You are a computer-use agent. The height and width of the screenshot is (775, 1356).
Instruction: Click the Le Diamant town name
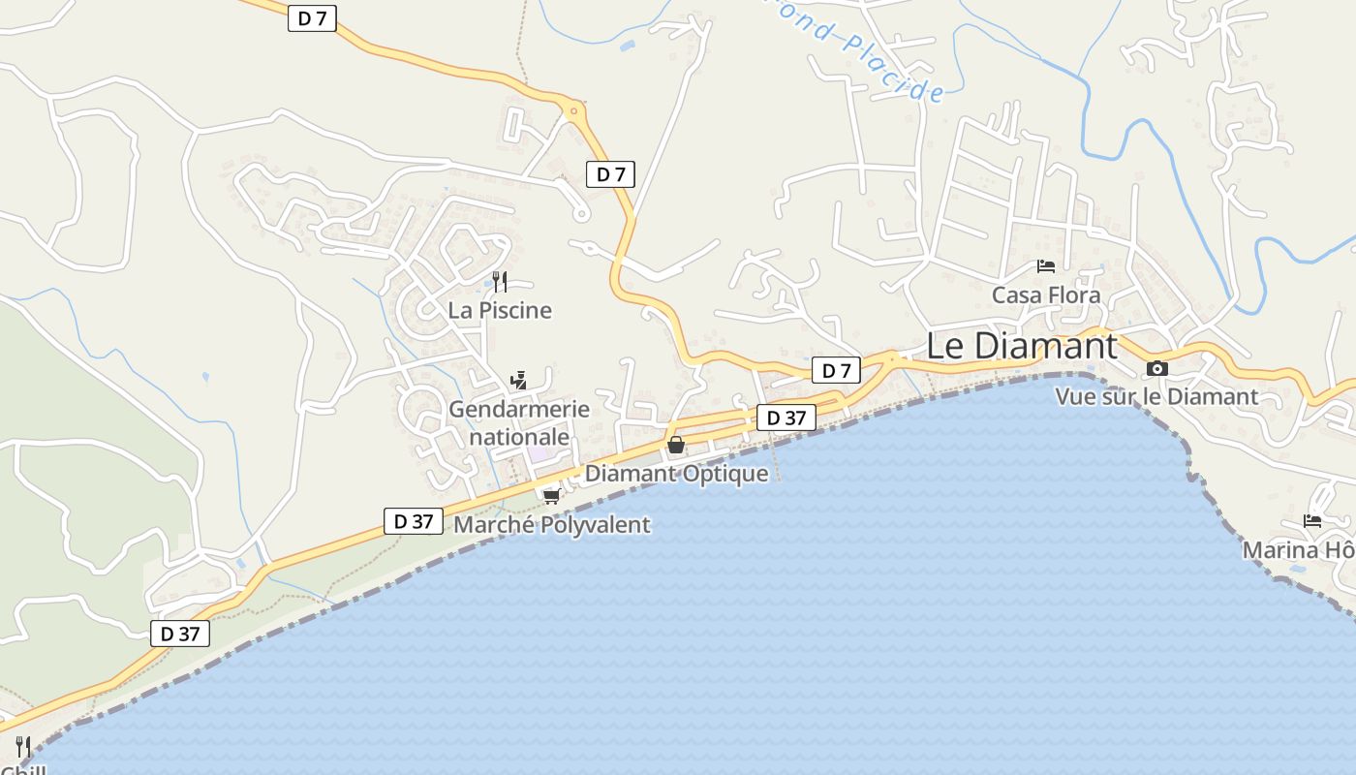coord(1022,346)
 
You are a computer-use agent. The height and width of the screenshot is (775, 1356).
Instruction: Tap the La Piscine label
coord(500,310)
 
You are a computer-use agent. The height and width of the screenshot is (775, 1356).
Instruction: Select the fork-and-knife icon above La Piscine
coord(500,282)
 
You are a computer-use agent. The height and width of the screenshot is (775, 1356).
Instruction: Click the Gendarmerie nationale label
coord(519,422)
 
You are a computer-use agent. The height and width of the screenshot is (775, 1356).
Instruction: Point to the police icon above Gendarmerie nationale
coord(519,380)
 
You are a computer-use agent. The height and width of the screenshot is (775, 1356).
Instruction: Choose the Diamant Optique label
coord(676,474)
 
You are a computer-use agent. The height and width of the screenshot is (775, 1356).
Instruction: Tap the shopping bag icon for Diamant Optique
coord(676,446)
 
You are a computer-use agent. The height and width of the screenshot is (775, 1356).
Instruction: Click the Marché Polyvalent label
coord(552,525)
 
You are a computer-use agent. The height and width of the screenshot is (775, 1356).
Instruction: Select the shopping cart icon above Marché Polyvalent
coord(552,496)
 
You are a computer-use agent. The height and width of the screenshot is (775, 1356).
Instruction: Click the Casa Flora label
coord(1046,294)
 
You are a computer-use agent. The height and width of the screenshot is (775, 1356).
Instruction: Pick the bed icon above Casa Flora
coord(1046,265)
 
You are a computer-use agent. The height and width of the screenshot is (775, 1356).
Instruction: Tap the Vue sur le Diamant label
coord(1156,396)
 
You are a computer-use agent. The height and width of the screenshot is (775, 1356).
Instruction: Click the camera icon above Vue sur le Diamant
coord(1156,368)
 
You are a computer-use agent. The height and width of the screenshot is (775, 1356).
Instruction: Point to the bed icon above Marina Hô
coord(1312,521)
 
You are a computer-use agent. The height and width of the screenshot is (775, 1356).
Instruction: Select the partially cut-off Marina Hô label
coord(1299,550)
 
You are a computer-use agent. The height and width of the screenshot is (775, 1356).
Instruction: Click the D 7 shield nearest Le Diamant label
coord(836,370)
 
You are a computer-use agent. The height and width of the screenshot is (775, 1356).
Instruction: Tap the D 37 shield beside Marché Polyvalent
coord(414,521)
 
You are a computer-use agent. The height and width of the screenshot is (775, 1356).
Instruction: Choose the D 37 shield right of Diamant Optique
coord(786,418)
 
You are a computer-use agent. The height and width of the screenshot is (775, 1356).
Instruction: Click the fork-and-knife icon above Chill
coord(23,747)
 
